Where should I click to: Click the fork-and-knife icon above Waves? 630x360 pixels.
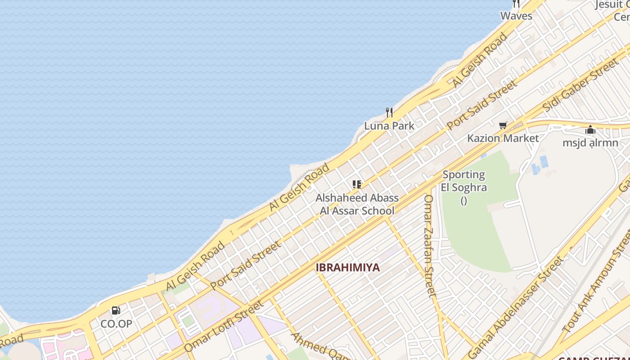click(x=516, y=4)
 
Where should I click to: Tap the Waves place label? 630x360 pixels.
click(x=516, y=16)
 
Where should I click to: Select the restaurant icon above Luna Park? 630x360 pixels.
click(x=389, y=112)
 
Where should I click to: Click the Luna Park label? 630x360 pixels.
click(x=389, y=126)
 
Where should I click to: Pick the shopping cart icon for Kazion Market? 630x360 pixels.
click(x=503, y=125)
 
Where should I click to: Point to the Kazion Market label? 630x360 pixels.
click(x=503, y=138)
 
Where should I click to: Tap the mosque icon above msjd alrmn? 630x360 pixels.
click(x=590, y=130)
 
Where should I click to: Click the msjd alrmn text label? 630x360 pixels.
click(x=590, y=143)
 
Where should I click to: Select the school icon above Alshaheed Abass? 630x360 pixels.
click(x=357, y=184)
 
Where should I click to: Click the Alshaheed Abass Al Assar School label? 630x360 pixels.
click(x=357, y=204)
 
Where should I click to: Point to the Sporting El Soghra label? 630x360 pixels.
click(x=463, y=181)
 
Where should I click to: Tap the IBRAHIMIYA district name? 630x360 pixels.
click(x=347, y=267)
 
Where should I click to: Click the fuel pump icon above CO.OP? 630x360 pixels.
click(x=116, y=310)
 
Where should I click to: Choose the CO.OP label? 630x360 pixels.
click(x=116, y=324)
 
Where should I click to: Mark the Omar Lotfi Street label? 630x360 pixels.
click(x=224, y=326)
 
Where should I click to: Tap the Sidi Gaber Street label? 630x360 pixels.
click(x=580, y=85)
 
